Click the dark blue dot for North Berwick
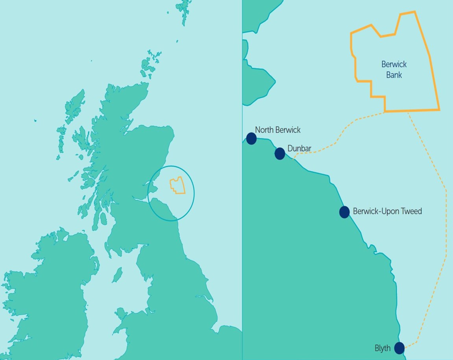pos(251,138)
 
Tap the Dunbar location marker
pos(279,154)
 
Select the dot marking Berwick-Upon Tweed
pos(344,212)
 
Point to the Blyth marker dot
pos(399,348)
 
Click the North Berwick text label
pos(277,130)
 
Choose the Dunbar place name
pos(299,148)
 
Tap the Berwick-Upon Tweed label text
pos(387,212)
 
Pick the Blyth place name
pos(383,348)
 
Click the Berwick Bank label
pos(394,69)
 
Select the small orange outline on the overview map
pos(178,186)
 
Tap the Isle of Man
pos(117,275)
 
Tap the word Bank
pos(394,74)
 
